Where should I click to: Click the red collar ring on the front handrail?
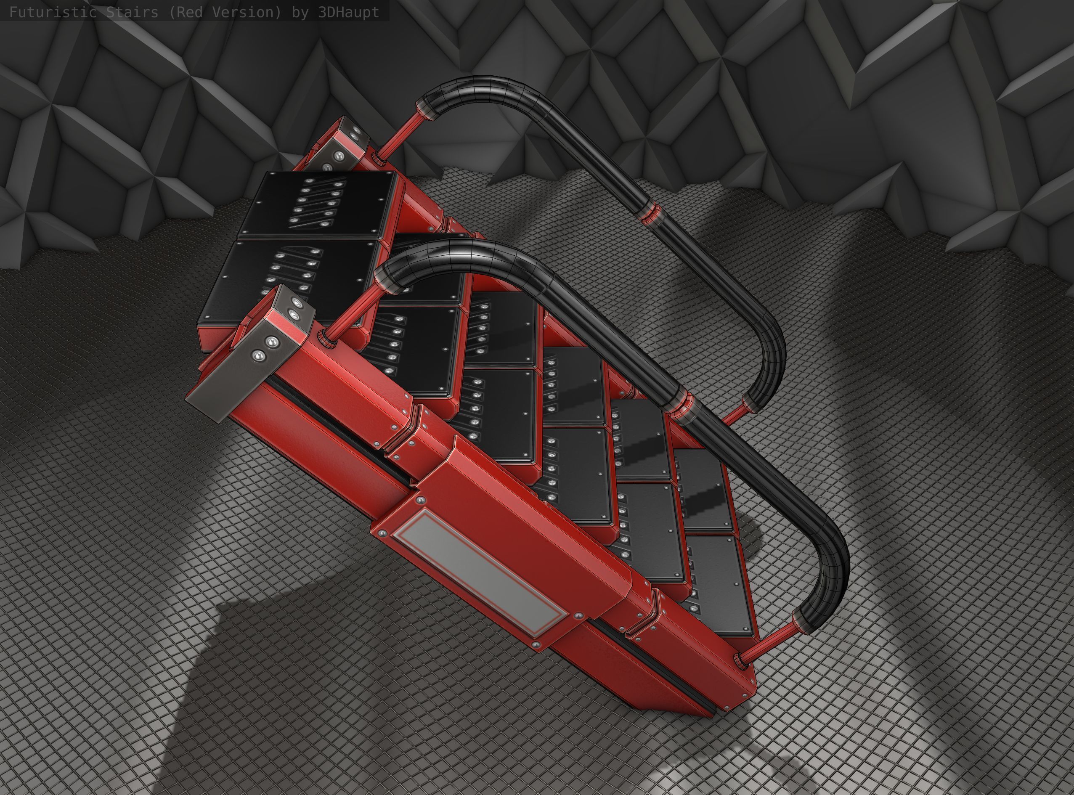(680, 407)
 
